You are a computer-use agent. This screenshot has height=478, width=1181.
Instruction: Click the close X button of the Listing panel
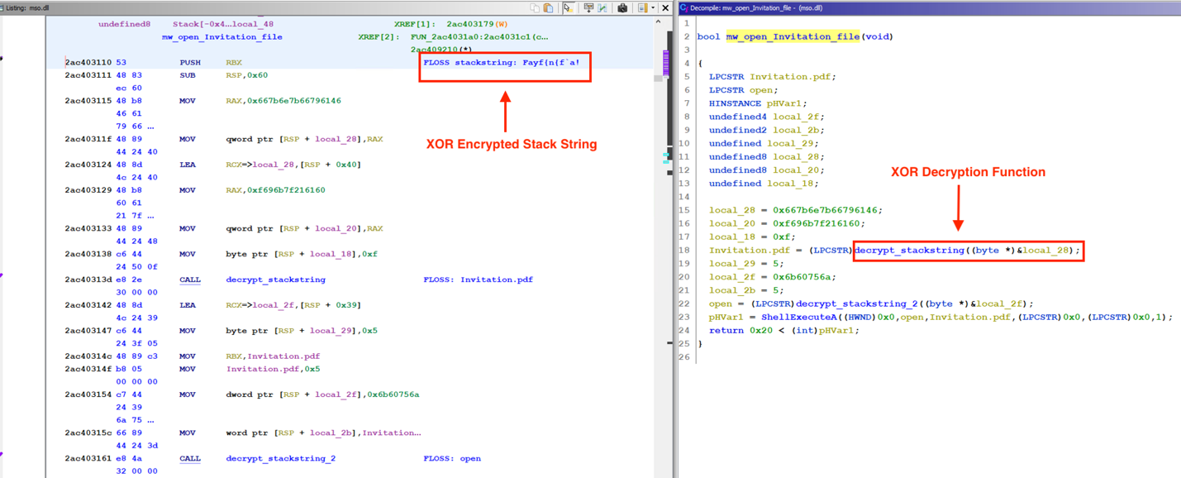pos(665,8)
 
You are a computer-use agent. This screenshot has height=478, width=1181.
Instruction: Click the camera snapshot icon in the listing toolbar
pos(622,8)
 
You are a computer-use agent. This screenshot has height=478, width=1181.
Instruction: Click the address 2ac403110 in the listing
pos(88,62)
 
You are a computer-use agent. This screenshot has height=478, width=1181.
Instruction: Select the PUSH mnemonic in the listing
pos(190,62)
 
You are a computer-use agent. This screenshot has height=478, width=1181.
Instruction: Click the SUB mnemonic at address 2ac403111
pos(187,75)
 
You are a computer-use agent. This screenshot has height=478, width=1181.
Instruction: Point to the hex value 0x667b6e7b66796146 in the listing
pos(294,101)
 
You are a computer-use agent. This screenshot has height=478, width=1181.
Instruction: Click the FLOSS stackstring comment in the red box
pos(502,62)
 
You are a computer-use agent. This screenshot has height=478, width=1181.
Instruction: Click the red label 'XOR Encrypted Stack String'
pos(512,144)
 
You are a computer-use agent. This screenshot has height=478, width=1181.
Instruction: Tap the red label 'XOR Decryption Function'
pos(968,172)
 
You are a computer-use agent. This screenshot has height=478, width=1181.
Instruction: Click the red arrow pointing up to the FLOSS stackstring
pos(505,112)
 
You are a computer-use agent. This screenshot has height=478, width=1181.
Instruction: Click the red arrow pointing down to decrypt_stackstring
pos(959,208)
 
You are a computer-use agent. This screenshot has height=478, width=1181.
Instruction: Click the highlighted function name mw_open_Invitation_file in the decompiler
pos(793,36)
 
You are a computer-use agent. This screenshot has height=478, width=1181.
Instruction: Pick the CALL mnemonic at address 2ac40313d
pos(190,280)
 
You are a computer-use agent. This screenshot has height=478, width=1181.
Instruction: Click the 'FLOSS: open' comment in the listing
pos(452,458)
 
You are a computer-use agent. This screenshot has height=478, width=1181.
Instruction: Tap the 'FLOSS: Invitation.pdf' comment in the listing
pos(479,280)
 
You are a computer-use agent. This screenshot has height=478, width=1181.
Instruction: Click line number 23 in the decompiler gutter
pos(685,317)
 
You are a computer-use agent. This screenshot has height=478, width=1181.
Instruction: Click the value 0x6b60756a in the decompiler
pos(804,277)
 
